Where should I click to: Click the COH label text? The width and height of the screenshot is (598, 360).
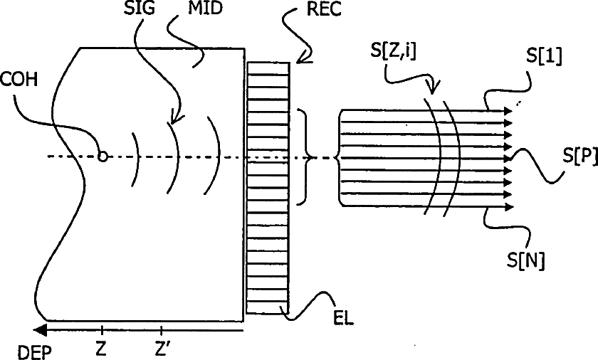(x=19, y=80)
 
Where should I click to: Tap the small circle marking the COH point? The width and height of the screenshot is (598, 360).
(x=103, y=157)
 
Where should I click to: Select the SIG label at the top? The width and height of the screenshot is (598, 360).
(x=140, y=8)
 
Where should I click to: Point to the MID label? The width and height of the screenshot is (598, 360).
(x=204, y=8)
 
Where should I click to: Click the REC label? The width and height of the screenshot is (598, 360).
(x=324, y=9)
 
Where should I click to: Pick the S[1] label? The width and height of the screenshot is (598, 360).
(x=544, y=56)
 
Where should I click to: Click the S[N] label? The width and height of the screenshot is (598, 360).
(x=525, y=260)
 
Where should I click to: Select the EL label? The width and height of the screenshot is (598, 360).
(x=344, y=318)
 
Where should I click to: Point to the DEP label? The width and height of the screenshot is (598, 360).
(x=34, y=352)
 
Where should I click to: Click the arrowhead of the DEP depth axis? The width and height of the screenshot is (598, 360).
(x=40, y=330)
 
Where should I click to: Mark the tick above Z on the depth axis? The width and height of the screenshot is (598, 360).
(x=102, y=330)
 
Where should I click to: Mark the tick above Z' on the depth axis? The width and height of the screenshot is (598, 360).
(x=162, y=330)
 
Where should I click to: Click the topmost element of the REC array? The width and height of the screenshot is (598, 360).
(x=268, y=69)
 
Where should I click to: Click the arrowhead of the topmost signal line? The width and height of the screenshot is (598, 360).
(x=508, y=111)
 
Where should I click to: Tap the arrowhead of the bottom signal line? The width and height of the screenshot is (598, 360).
(x=509, y=207)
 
